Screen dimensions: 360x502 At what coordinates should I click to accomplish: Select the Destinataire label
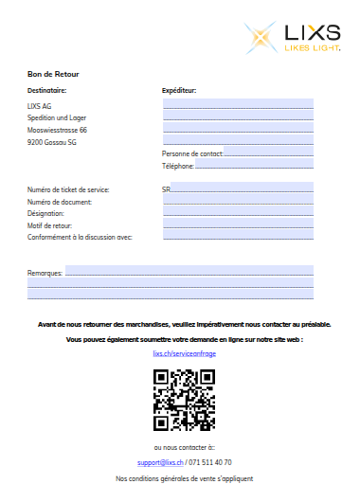pos(47,91)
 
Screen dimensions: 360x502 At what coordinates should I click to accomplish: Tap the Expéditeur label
pos(179,91)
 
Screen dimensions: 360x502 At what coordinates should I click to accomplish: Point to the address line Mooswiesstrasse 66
pos(58,130)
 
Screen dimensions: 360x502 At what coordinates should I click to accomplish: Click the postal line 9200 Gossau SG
pos(52,142)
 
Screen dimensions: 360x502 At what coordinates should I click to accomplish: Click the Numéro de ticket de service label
pos(68,189)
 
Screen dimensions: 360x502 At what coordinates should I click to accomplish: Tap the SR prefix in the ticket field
pos(167,189)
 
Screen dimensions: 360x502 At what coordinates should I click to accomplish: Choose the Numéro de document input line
pos(238,202)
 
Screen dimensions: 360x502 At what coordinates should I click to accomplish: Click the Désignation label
pos(46,213)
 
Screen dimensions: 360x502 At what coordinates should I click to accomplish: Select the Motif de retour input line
pos(238,225)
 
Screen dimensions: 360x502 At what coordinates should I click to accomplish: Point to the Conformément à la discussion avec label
pos(80,237)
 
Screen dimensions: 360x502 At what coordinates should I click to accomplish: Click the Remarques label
pos(45,273)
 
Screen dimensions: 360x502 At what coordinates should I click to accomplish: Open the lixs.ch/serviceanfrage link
pos(184,352)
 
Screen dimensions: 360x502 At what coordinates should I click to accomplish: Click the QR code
pos(184,399)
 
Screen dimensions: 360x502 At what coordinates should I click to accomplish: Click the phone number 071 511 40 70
pos(210,462)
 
